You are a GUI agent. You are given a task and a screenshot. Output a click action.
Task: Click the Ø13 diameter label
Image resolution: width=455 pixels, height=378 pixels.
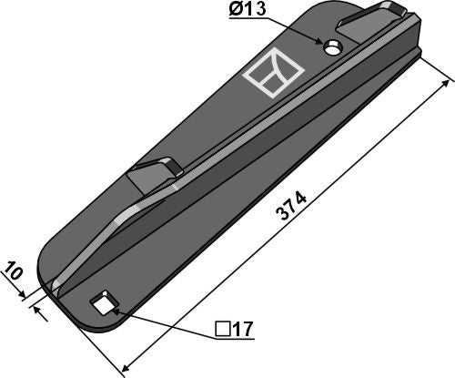click(x=248, y=10)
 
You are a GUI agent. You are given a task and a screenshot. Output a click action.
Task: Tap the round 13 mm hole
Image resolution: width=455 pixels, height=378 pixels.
click(x=333, y=48)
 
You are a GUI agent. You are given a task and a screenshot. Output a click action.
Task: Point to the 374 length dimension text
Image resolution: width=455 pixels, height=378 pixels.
click(x=293, y=206)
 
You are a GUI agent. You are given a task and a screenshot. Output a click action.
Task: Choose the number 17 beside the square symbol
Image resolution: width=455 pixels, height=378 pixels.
click(x=241, y=329)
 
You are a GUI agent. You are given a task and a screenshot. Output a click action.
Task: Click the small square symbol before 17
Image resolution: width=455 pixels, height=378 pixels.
click(x=222, y=329)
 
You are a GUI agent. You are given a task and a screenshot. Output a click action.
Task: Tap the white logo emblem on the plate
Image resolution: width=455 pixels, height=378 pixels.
click(x=274, y=72)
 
